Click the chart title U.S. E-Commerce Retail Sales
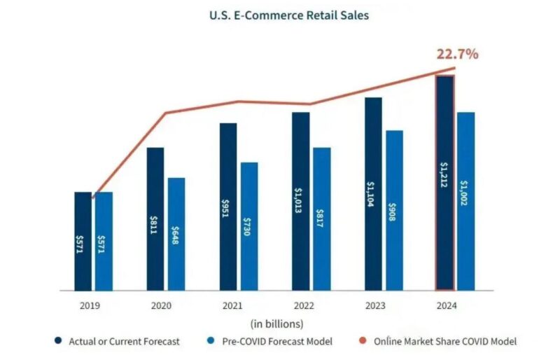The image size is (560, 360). coord(280,14)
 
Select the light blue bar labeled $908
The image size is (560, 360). coord(395,210)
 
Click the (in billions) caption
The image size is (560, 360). coord(277,323)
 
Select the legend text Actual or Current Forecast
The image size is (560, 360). coord(124,341)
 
